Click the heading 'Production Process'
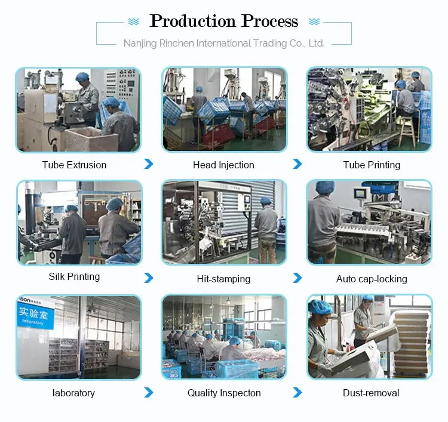pos(224,21)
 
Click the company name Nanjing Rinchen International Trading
pos(224,43)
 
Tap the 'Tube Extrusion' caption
pos(74,165)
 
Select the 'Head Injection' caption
pos(223,165)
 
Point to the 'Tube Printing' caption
pos(372,165)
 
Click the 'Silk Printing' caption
pos(74,276)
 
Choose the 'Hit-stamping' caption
pos(223,279)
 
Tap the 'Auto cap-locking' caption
pos(372,279)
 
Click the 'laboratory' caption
pos(73,393)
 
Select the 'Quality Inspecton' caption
pos(224,393)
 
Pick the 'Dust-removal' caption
pos(371,393)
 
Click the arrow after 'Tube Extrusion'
pos(149,164)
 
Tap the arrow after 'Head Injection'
pos(297,164)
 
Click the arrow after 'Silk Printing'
pos(149,278)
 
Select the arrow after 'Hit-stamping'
pos(297,278)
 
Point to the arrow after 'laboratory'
pos(149,392)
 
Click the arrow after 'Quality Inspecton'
pos(297,392)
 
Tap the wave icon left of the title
pos(134,21)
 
